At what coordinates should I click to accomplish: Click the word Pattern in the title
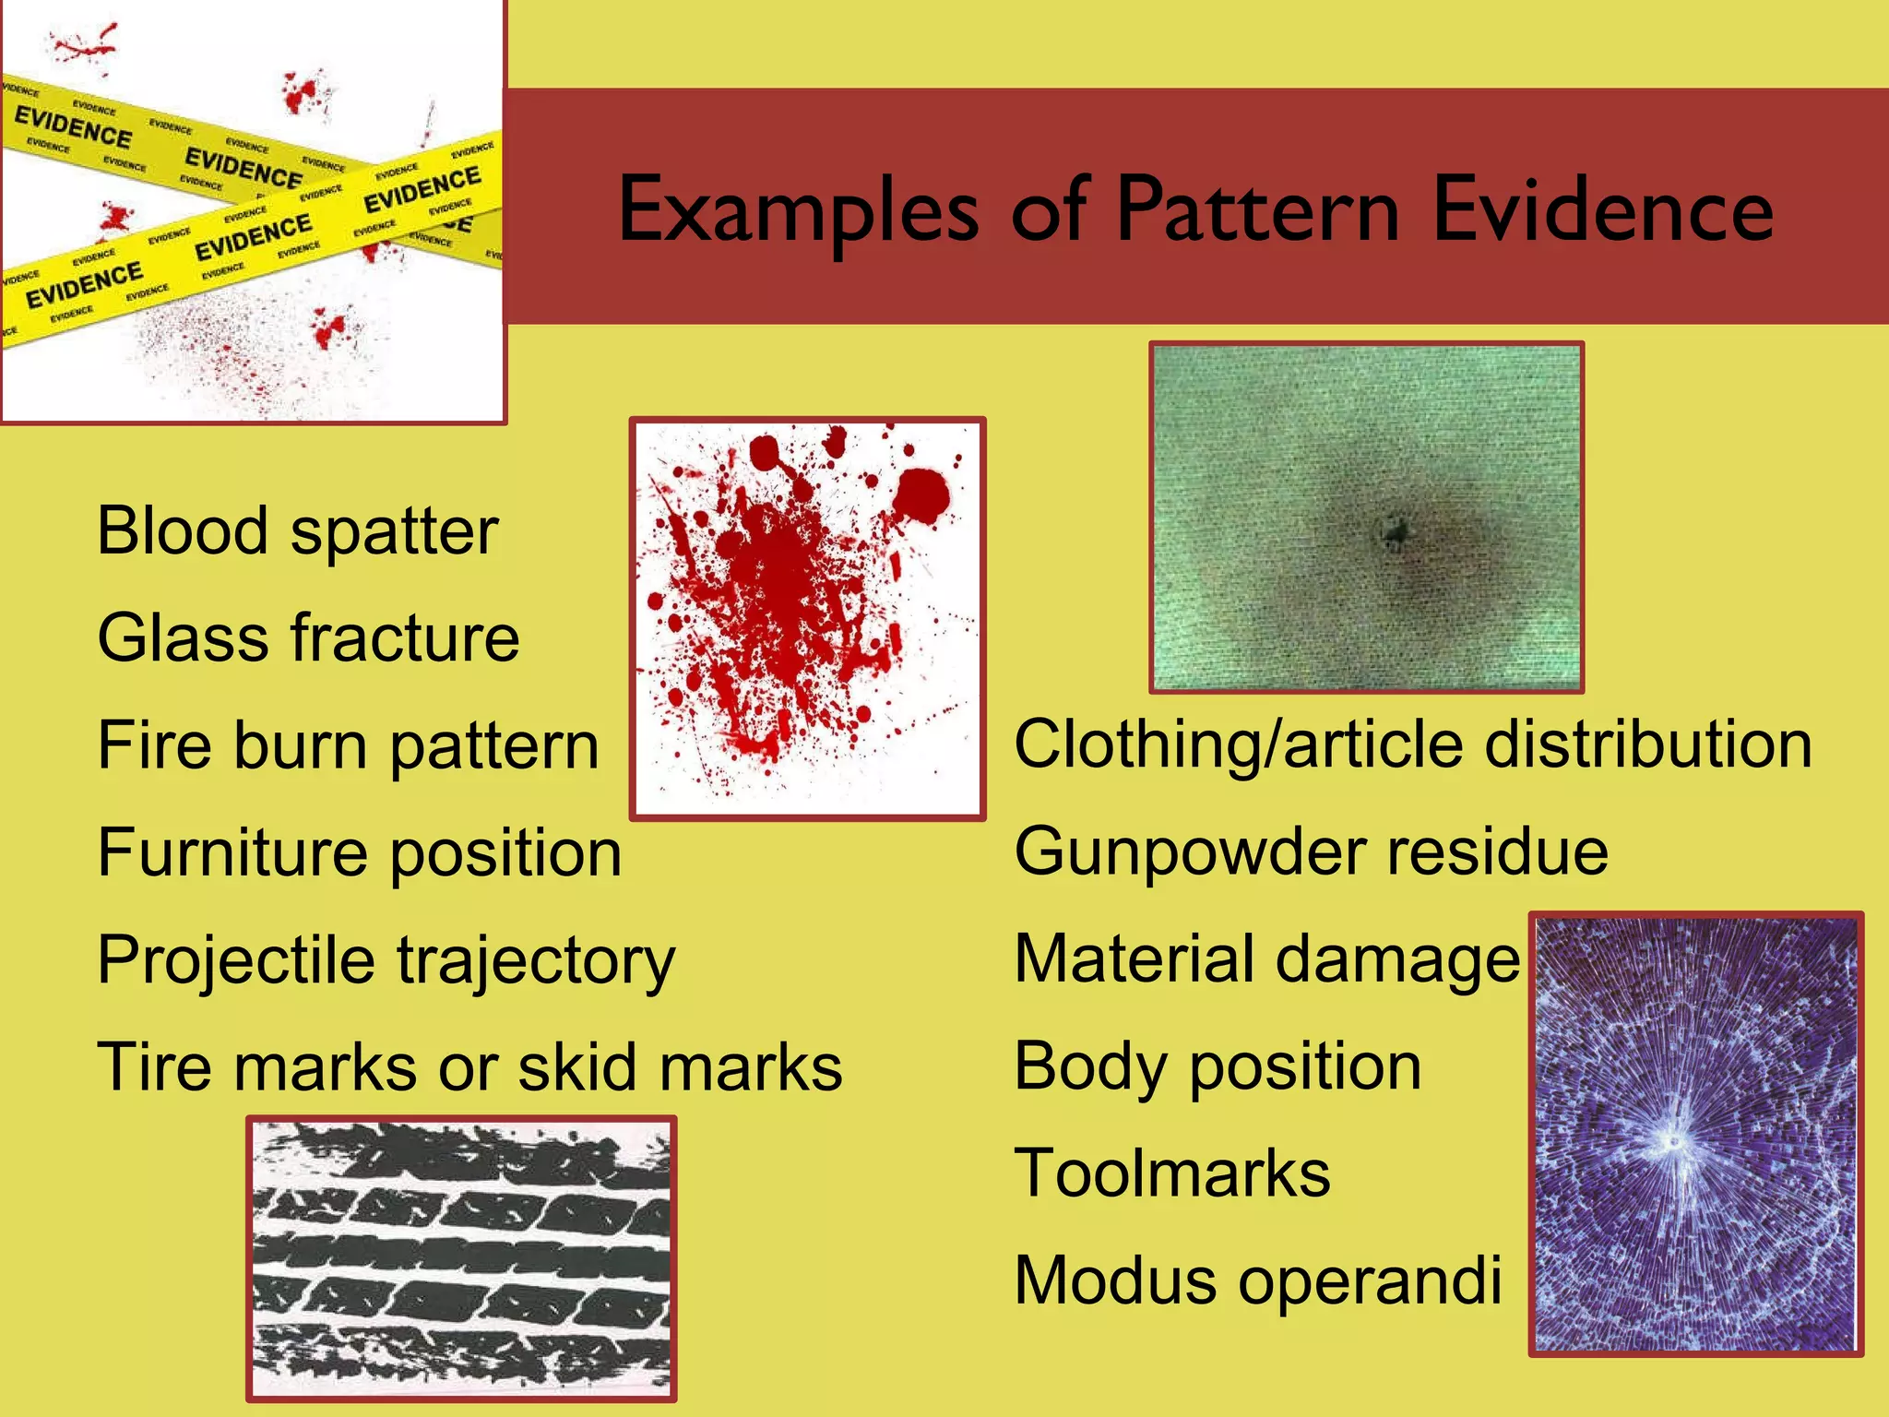click(1259, 210)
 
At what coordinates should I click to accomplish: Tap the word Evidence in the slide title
click(1602, 210)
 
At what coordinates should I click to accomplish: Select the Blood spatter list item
click(297, 532)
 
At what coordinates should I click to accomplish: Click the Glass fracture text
click(308, 638)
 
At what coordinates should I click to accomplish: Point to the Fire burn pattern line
click(348, 745)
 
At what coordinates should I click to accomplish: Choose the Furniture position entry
click(359, 852)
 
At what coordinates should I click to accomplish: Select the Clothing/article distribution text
click(1412, 744)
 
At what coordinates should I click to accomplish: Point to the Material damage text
click(1266, 959)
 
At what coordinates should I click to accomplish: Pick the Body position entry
click(1217, 1066)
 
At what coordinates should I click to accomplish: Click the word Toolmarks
click(1172, 1173)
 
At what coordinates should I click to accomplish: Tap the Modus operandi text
click(1257, 1280)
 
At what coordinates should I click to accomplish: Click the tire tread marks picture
click(461, 1258)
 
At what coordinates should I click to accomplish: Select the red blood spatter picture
click(807, 618)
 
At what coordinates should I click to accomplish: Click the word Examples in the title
click(798, 210)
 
